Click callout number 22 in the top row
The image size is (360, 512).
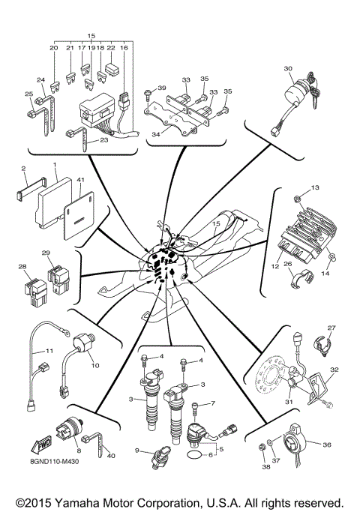pyautogui.click(x=111, y=47)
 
